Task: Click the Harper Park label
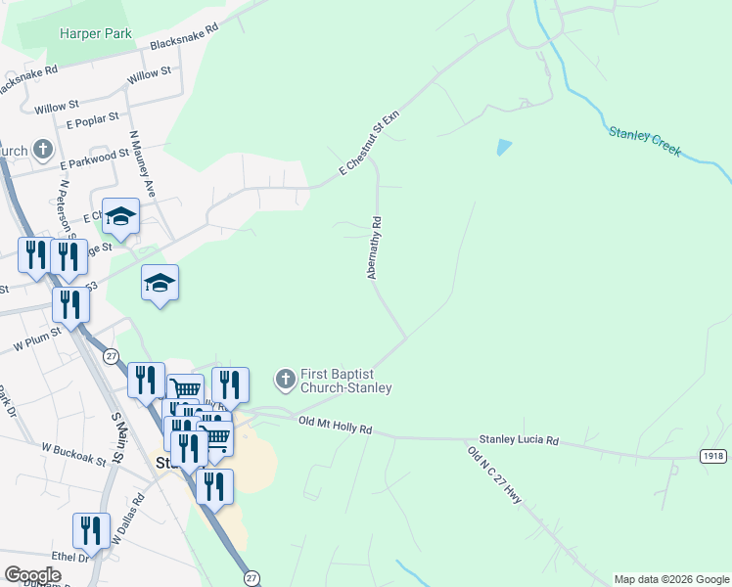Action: coord(96,33)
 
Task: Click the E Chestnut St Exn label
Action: coord(370,144)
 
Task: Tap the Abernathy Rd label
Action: coord(374,248)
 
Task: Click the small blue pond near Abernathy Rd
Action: coord(503,148)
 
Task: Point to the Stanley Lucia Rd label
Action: coord(519,441)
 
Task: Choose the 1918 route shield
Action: coord(713,457)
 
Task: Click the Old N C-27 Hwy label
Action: coord(495,475)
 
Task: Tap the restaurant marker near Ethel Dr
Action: coord(91,531)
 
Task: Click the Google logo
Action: coord(32,575)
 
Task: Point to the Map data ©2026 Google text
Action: coord(671,579)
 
